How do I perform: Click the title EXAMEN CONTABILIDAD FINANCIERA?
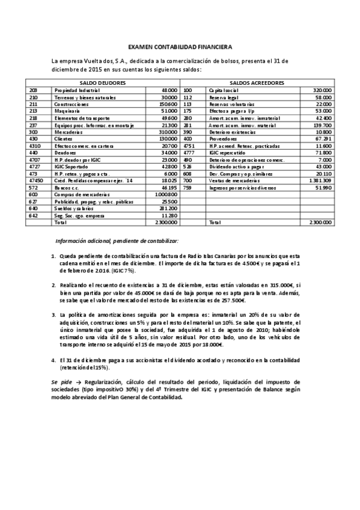[180, 47]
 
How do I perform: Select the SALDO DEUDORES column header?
[102, 82]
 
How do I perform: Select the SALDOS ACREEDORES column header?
[257, 82]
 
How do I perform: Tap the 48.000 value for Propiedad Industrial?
[169, 90]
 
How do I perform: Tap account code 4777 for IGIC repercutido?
[189, 153]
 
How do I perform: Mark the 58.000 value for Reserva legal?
[323, 97]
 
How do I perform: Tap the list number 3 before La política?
[53, 314]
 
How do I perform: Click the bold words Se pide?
[61, 381]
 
